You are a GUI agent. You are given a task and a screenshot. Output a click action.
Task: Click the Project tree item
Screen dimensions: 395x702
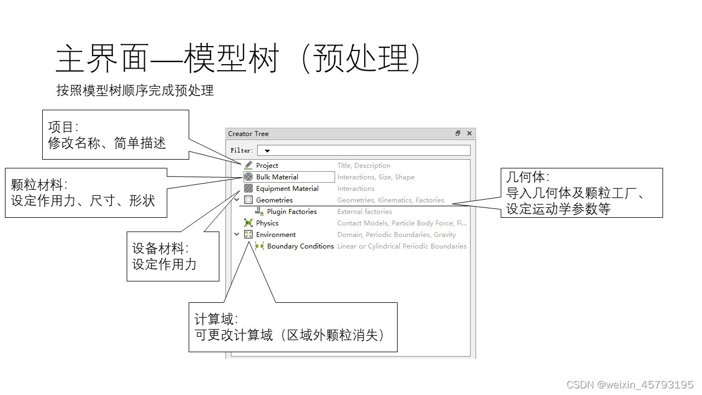267,165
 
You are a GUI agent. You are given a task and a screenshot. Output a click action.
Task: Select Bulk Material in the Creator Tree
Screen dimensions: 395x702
277,177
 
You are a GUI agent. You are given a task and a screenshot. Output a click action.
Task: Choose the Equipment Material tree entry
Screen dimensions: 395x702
287,188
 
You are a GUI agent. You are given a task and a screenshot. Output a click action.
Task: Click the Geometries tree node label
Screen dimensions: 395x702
274,200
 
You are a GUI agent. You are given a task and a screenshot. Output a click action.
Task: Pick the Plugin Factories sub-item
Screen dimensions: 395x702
292,211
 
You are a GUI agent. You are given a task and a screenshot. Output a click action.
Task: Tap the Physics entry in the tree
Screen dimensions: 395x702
267,223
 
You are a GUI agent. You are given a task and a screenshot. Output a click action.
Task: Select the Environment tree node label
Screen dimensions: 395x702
276,234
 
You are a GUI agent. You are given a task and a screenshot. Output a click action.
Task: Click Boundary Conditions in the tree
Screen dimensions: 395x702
300,246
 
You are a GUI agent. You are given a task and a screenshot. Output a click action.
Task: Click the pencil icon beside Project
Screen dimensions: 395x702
248,165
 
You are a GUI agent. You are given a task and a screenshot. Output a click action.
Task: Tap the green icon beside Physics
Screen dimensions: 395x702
248,223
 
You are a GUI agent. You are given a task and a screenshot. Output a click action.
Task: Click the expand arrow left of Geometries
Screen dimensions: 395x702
237,200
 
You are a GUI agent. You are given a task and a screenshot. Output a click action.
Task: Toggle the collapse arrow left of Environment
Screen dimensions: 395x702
237,234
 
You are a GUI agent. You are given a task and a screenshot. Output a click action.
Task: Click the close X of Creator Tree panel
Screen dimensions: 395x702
469,133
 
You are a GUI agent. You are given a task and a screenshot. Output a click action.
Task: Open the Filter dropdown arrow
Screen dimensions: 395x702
267,150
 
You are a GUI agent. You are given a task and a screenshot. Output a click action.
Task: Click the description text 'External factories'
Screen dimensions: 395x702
364,211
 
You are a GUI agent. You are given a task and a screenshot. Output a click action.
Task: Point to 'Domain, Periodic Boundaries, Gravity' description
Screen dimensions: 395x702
396,234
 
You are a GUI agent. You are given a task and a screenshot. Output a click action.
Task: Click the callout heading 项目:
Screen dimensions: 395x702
63,127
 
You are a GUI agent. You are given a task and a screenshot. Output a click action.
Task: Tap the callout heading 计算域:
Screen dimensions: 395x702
216,319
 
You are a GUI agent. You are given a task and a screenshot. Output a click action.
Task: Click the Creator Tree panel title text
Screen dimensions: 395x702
248,133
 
